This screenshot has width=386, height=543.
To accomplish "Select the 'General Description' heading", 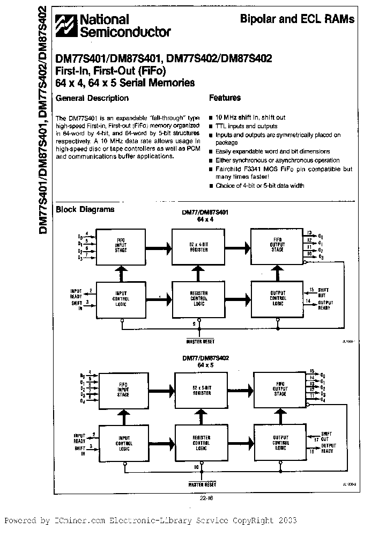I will (92, 98).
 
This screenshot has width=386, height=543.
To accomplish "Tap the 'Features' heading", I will (225, 98).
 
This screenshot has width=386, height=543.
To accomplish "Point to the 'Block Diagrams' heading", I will (85, 209).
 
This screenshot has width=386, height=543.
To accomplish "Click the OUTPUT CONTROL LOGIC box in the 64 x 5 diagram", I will (280, 443).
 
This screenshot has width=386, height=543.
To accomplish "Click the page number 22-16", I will (198, 497).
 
